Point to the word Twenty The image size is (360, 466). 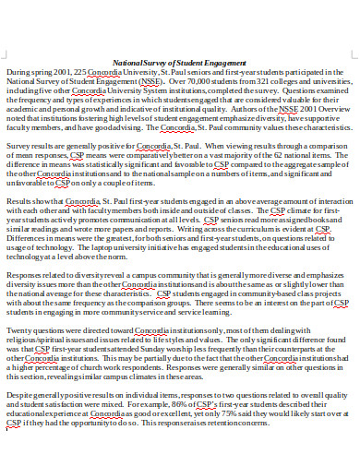22,329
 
